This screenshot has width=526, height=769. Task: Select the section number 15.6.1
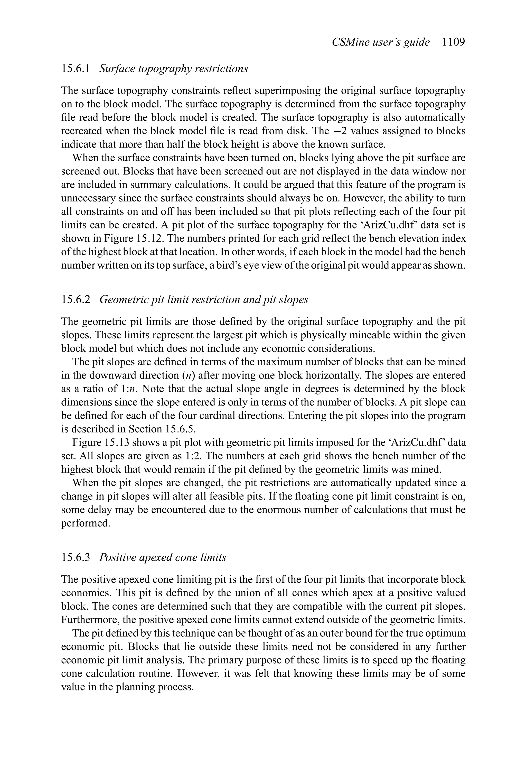[x=76, y=69]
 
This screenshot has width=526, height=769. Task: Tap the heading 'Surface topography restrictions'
[x=173, y=69]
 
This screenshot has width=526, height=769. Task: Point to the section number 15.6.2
[x=76, y=300]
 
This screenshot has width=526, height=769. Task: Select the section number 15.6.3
[x=76, y=557]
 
